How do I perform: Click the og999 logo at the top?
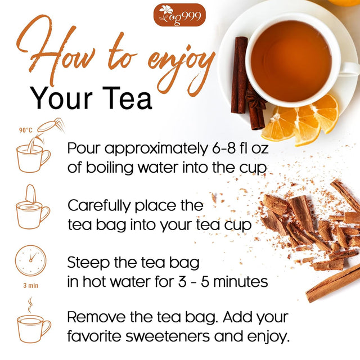pos(179,15)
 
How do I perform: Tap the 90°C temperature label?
pos(25,130)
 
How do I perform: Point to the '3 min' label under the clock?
pos(31,285)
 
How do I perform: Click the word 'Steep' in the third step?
pos(87,262)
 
